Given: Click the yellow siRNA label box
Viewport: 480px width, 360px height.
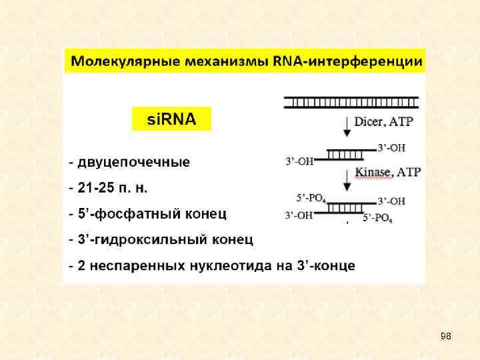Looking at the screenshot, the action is click(171, 119).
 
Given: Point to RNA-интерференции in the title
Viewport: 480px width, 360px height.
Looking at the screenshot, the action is click(347, 62).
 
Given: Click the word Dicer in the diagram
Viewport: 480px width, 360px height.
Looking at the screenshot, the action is click(369, 122).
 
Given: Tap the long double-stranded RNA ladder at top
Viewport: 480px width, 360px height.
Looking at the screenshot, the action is click(351, 102).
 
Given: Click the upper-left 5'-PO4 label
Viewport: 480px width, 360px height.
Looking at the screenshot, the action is click(311, 197).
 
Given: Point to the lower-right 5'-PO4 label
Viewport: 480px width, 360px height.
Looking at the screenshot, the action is click(377, 217).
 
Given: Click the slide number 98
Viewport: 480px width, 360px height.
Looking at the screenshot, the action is click(445, 336).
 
